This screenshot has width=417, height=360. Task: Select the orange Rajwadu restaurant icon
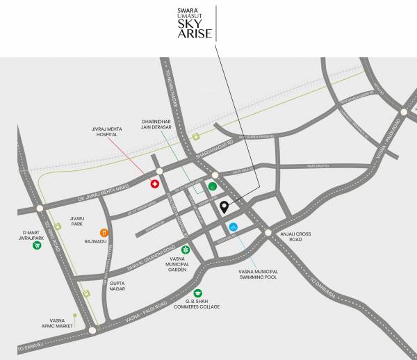point(104,232)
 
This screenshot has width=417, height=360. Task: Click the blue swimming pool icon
point(234,227)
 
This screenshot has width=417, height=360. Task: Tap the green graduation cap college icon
point(198,293)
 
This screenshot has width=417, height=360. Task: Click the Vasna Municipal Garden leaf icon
point(186,249)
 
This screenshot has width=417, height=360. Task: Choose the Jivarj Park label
point(76,222)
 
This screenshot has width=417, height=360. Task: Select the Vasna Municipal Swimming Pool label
point(258,274)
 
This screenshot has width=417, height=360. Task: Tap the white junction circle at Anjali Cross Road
point(268,232)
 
